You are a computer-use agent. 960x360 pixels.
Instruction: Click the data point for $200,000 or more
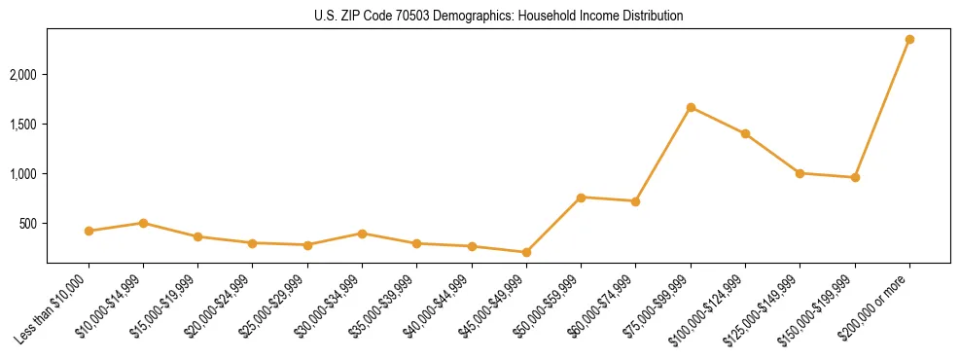click(909, 39)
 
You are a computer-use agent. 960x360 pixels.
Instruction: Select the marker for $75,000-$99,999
click(691, 107)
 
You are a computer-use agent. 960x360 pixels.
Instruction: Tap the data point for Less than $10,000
click(89, 231)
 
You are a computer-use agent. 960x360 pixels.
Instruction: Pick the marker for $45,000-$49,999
click(526, 252)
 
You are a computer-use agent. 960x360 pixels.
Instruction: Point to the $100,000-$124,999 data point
click(745, 133)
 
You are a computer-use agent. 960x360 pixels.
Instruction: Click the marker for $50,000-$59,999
click(581, 198)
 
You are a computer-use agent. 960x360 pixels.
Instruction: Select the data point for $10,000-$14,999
click(143, 223)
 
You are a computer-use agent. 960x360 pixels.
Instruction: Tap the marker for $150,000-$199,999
click(855, 177)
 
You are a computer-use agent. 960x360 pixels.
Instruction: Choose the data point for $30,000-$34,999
click(362, 234)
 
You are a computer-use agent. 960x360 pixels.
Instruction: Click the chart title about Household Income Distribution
click(499, 17)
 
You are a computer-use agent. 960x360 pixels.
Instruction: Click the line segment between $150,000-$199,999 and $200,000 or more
click(882, 108)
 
